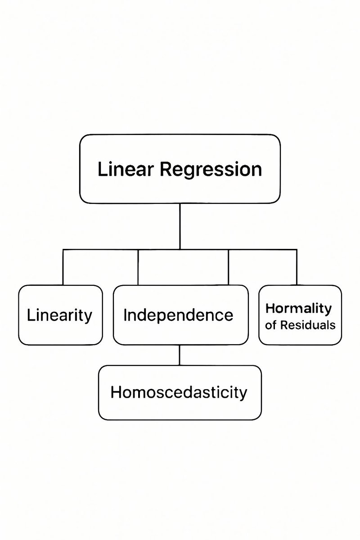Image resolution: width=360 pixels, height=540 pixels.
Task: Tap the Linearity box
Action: (x=60, y=315)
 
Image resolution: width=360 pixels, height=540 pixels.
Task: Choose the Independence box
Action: (x=180, y=315)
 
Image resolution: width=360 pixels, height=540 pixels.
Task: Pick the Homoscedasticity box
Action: (x=180, y=392)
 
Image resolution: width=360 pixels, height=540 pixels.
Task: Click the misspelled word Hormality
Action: (x=298, y=309)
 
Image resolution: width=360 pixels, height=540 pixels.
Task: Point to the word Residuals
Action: (x=307, y=325)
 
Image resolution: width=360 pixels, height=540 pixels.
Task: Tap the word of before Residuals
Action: (x=270, y=325)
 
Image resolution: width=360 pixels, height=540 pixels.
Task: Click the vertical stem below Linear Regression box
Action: (x=180, y=225)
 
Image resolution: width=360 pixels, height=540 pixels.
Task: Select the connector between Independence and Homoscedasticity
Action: (x=180, y=355)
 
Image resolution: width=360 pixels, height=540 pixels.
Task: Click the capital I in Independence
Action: (x=125, y=315)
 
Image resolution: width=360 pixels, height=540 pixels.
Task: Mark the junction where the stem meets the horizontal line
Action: (x=180, y=249)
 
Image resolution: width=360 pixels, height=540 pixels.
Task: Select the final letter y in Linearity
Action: (x=88, y=317)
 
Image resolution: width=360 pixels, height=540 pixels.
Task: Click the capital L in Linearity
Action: (x=30, y=315)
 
